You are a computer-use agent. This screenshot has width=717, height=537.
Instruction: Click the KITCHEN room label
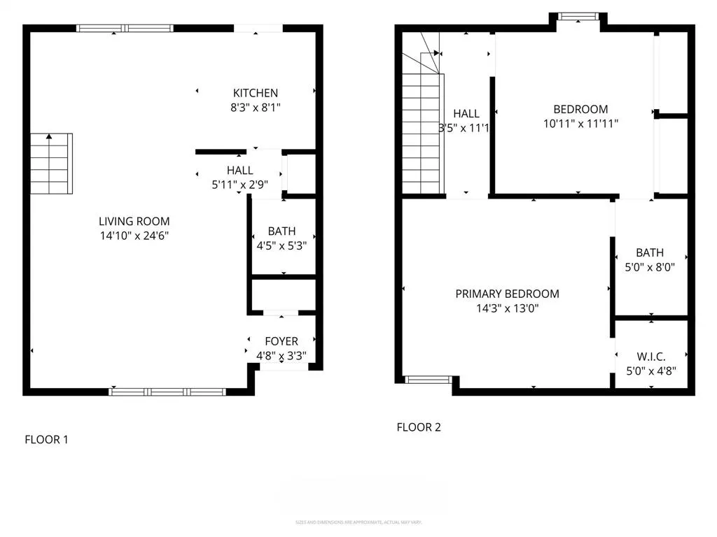(x=256, y=93)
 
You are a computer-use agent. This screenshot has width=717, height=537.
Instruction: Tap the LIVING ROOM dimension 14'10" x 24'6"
(x=134, y=236)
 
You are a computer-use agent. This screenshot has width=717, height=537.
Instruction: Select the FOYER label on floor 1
(x=281, y=341)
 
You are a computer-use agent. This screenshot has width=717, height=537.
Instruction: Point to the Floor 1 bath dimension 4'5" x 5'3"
(x=281, y=245)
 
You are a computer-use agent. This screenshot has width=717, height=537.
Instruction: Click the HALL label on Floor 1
(x=239, y=171)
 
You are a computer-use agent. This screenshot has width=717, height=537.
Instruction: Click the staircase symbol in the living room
(x=51, y=164)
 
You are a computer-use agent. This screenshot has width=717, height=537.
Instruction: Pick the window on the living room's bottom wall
(x=168, y=392)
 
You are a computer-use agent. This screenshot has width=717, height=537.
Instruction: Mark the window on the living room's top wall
(x=125, y=29)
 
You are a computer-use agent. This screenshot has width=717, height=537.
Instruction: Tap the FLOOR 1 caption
(x=46, y=440)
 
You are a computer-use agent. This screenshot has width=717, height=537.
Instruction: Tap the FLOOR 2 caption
(x=419, y=427)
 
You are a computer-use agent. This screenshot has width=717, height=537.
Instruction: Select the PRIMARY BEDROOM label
(x=507, y=294)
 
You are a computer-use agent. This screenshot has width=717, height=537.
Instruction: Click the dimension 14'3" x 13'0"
(x=507, y=308)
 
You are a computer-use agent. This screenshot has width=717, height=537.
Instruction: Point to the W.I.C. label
(x=650, y=357)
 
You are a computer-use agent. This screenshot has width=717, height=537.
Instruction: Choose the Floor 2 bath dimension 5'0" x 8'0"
(x=650, y=266)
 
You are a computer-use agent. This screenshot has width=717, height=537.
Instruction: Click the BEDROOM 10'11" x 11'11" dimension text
(x=580, y=123)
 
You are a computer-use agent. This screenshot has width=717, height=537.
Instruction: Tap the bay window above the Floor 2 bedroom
(x=578, y=15)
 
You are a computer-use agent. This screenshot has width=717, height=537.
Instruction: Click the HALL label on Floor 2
(x=466, y=113)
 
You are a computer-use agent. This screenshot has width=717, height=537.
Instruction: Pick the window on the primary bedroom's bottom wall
(x=429, y=380)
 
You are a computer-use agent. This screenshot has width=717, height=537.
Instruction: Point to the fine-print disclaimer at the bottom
(x=358, y=522)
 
